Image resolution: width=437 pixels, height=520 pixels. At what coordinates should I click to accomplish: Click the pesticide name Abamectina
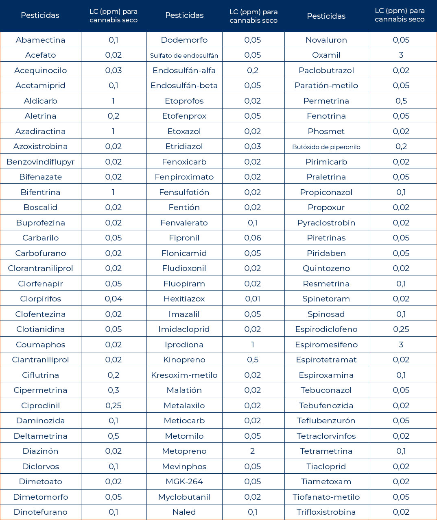point(40,40)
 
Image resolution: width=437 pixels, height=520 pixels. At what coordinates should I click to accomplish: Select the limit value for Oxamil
point(401,55)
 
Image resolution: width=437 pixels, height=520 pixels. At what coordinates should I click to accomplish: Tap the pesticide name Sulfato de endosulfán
point(184,55)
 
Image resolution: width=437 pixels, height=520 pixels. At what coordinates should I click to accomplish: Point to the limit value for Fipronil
point(253,238)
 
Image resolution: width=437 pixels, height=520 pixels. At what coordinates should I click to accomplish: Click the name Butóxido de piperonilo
point(326,147)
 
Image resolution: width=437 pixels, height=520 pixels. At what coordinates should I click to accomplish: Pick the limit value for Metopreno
point(253,451)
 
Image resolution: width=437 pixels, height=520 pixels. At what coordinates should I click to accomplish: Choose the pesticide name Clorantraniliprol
point(40,268)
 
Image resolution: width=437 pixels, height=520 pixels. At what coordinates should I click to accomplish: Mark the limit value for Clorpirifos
point(113,299)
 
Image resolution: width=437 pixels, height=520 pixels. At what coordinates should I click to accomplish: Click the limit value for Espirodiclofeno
point(401,329)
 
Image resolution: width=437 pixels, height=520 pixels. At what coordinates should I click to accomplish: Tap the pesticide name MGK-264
point(184,481)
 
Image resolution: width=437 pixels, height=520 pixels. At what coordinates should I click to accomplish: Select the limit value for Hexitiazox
point(253,299)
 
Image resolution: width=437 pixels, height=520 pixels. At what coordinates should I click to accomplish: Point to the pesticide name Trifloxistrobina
point(326,512)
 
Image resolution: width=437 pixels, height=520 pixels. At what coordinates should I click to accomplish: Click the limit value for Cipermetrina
point(113,390)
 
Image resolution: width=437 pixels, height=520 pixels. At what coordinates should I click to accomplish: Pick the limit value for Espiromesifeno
point(401,344)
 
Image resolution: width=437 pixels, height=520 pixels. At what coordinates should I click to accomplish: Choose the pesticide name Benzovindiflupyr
point(40,162)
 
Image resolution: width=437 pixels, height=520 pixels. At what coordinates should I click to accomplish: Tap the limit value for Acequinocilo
point(113,70)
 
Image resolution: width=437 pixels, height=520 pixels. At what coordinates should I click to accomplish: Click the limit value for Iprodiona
point(253,344)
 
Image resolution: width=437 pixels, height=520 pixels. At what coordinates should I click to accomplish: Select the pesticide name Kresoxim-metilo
point(184,375)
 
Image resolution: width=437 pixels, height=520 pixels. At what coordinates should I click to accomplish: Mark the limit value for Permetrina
point(401,101)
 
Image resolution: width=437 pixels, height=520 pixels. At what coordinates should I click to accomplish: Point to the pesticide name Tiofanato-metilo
point(326,497)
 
